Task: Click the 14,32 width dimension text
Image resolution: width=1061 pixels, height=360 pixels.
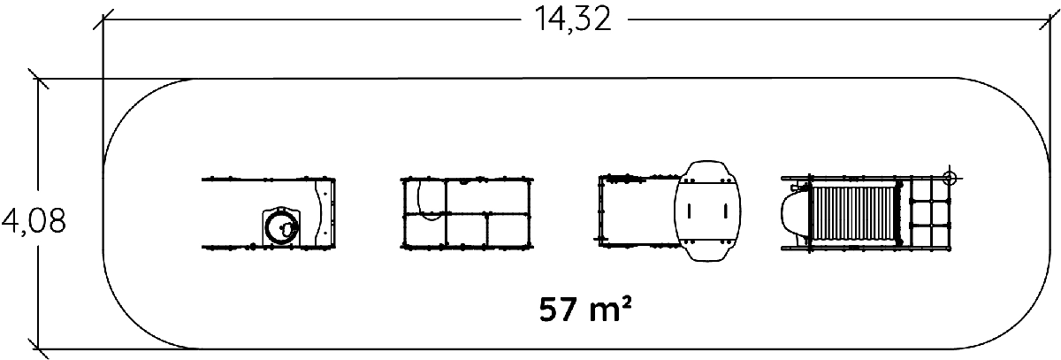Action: point(573,19)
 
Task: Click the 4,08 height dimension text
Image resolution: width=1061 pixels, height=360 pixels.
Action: point(34,221)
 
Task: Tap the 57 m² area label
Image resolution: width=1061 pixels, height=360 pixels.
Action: point(585,309)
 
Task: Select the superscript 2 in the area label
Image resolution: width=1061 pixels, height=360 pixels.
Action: point(625,303)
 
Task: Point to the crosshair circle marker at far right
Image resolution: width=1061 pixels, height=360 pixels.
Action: point(950,178)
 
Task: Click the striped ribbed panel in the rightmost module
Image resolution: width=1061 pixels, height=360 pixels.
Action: point(854,212)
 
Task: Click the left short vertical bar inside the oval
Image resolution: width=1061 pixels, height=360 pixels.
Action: point(690,211)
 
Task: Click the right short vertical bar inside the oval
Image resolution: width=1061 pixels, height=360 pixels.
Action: point(725,211)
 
